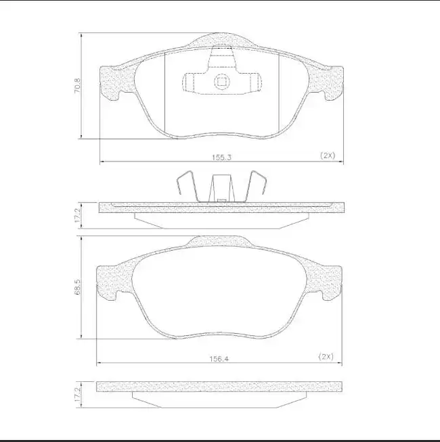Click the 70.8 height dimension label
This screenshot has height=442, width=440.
[77, 86]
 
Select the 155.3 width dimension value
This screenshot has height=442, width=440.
[222, 157]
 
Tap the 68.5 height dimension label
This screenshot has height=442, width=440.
[77, 287]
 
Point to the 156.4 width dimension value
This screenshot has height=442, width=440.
[219, 359]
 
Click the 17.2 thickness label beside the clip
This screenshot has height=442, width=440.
[77, 216]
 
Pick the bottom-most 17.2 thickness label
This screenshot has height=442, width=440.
[77, 395]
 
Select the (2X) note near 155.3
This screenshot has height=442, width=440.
[328, 155]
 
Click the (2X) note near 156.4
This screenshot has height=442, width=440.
[326, 356]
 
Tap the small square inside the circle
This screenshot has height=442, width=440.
[221, 82]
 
